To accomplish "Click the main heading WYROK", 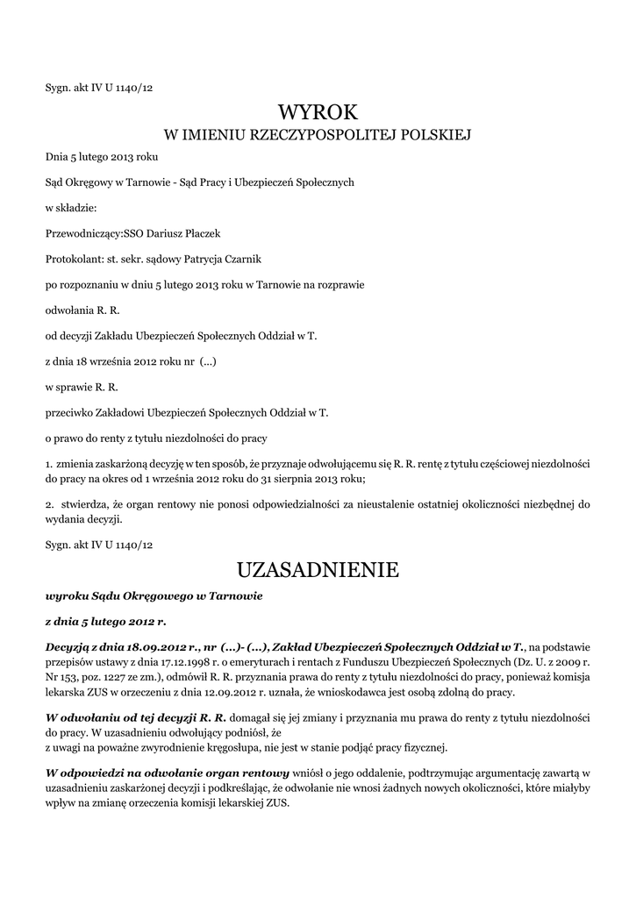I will pyautogui.click(x=318, y=112).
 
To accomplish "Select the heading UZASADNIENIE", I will pyautogui.click(x=318, y=570).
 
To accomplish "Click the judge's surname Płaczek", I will pyautogui.click(x=198, y=234).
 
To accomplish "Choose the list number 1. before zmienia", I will pyautogui.click(x=48, y=462).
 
